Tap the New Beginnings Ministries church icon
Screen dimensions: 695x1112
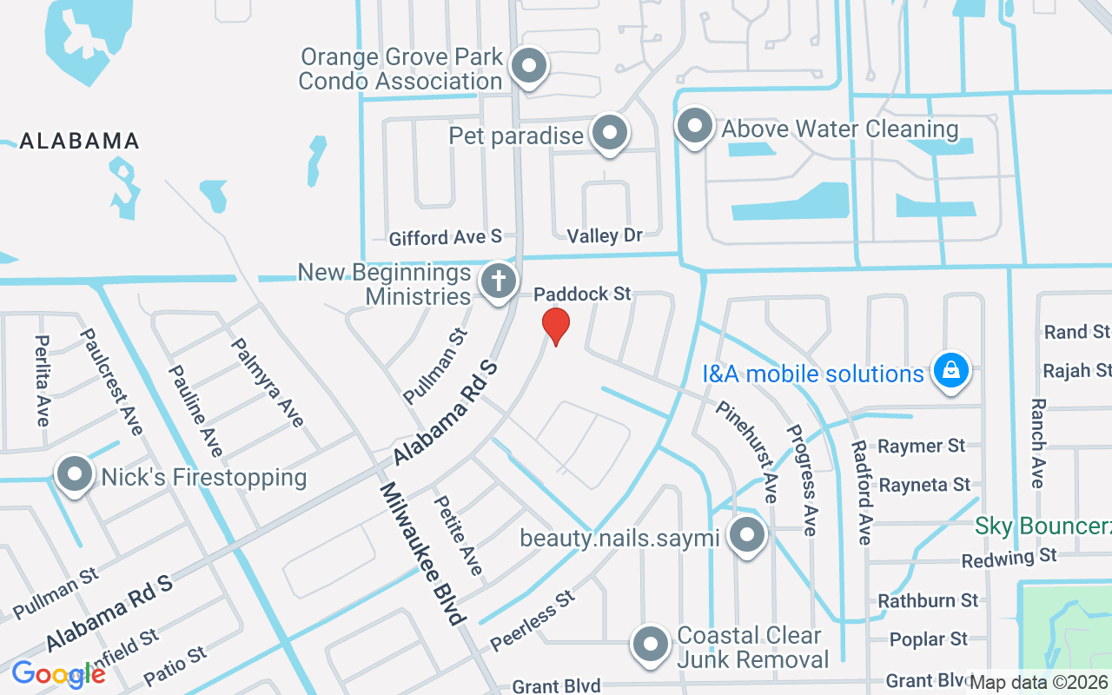[499, 282]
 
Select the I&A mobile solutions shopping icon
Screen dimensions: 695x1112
[951, 372]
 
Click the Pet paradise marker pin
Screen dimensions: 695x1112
[610, 134]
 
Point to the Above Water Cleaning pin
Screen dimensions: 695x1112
[694, 127]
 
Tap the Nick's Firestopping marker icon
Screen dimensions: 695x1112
[75, 475]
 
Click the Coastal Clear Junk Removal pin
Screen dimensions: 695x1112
[652, 645]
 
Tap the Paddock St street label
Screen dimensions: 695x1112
[582, 295]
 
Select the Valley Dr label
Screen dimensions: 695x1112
[605, 235]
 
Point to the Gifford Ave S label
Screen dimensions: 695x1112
[446, 237]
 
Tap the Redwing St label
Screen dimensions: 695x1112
[1009, 557]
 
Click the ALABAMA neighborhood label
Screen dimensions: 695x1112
[79, 141]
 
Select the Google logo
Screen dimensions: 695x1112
[58, 674]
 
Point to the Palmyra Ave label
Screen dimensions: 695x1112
[267, 382]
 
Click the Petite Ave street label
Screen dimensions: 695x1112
[458, 534]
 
